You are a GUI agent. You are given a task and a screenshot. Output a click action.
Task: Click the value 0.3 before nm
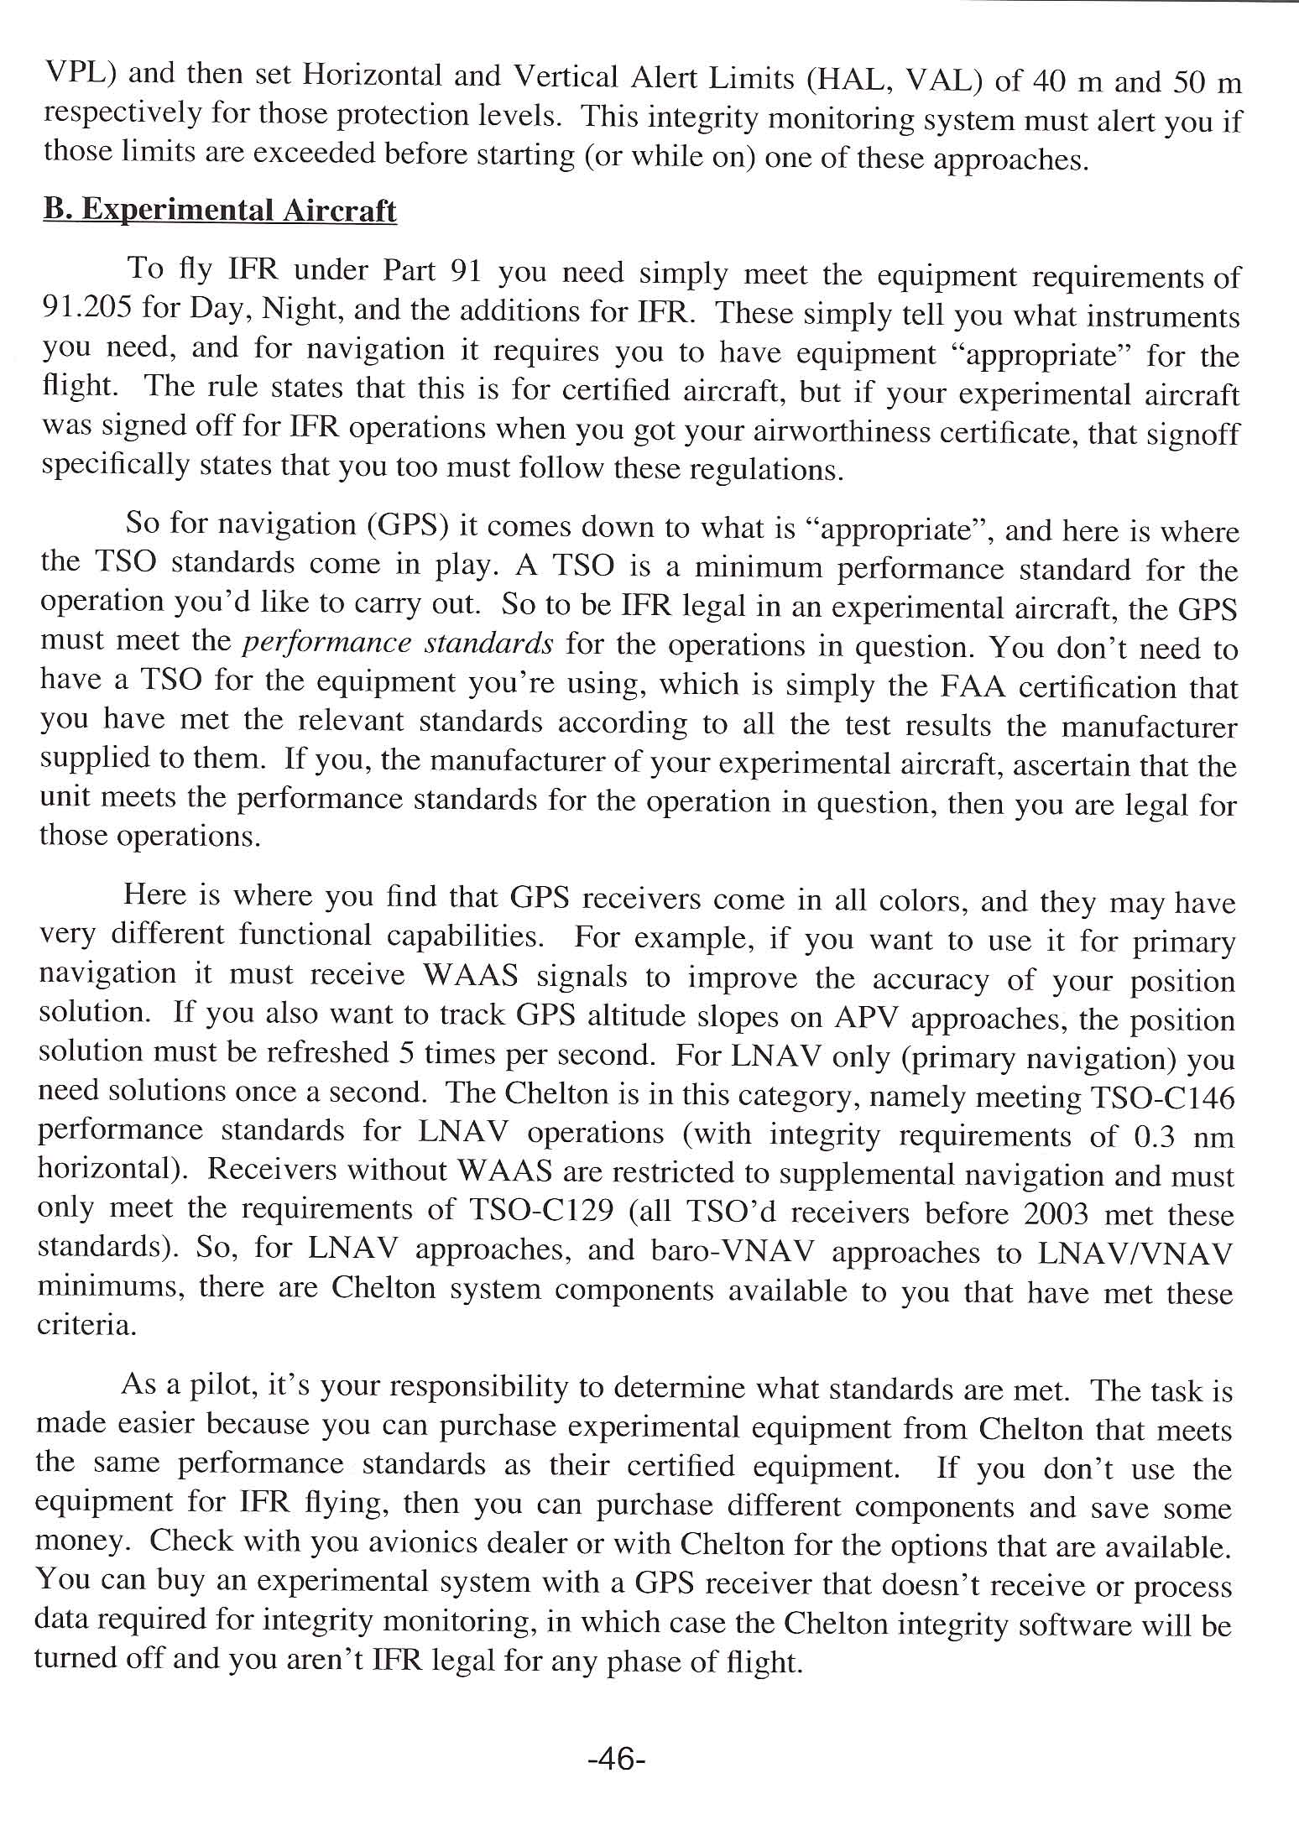pyautogui.click(x=1153, y=1137)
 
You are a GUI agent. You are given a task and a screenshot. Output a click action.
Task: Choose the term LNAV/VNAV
pyautogui.click(x=1135, y=1252)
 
